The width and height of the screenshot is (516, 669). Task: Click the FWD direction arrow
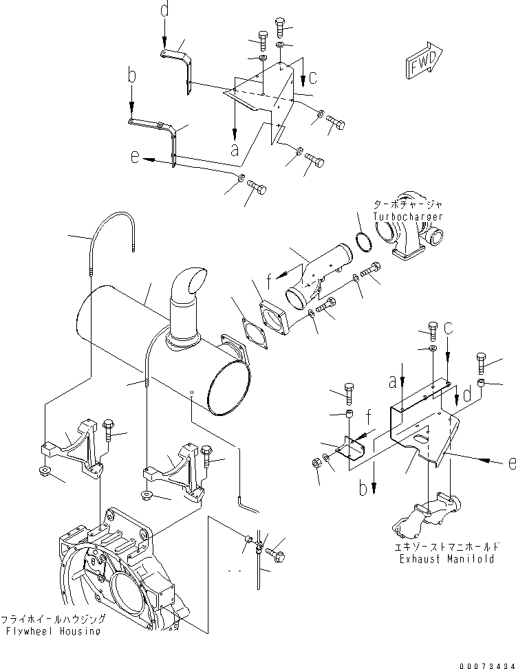tap(420, 62)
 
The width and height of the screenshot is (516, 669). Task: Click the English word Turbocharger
tap(408, 217)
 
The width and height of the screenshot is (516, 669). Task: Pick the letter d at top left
tap(164, 10)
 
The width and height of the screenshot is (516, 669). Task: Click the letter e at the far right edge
tap(510, 465)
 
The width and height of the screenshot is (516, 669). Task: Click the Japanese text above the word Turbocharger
tap(408, 205)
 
